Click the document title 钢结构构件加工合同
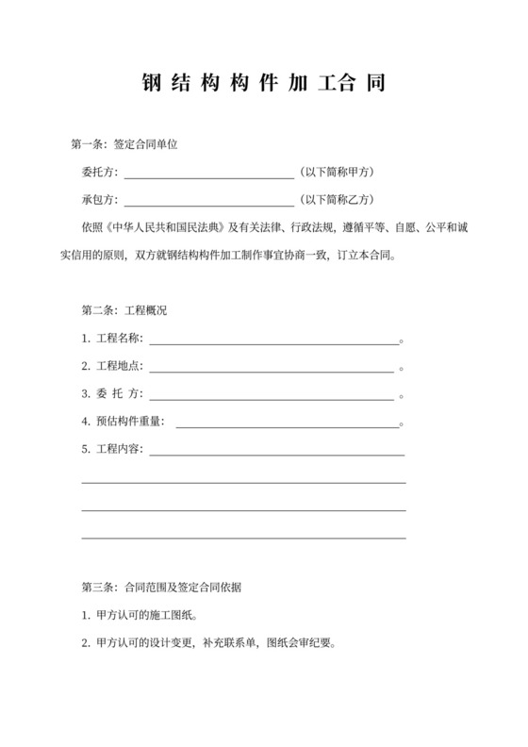[264, 82]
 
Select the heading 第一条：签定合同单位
[125, 145]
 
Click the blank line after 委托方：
[208, 174]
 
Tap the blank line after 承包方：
[208, 201]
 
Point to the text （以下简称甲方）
[336, 173]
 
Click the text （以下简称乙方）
[336, 200]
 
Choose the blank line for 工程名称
[273, 339]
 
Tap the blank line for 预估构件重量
[288, 423]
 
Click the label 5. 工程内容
[112, 450]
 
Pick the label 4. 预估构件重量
[123, 422]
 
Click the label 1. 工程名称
[112, 339]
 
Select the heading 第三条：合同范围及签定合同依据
[162, 588]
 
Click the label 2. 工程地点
[112, 367]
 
